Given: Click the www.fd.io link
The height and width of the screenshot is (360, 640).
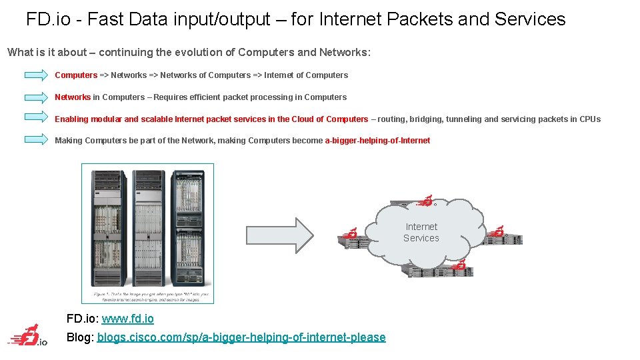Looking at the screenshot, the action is pos(127,319).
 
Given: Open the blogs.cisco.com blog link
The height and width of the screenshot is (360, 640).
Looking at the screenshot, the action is pos(241,337).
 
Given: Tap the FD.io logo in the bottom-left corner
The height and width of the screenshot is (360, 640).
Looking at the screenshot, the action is pos(28,336).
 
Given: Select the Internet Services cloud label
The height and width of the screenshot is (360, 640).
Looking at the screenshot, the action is pos(421,233).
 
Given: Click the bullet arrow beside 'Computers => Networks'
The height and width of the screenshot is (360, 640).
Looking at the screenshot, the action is pos(36,75).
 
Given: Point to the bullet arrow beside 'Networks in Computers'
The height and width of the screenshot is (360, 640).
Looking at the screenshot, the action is pos(36,97).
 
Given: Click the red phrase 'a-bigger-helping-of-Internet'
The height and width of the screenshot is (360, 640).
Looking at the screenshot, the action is pos(377,141).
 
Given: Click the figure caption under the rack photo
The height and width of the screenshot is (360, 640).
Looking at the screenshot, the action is pos(147,295).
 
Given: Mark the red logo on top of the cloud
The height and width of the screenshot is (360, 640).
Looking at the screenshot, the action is pos(425,201).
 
